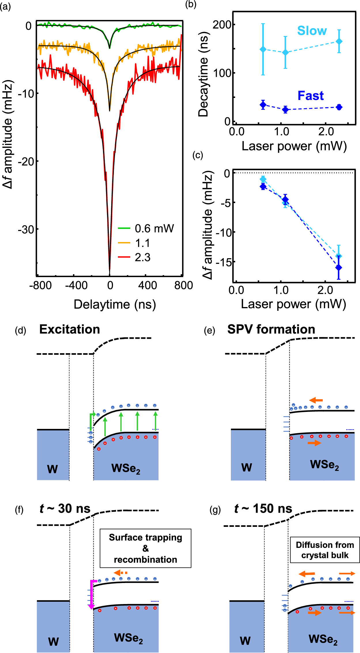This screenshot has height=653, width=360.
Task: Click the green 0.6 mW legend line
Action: (x=124, y=228)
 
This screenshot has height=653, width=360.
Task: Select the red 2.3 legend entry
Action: (x=134, y=257)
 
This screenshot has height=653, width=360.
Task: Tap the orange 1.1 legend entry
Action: (x=134, y=243)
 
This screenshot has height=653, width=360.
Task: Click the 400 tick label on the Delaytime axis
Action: (x=148, y=285)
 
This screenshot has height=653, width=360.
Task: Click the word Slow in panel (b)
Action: (x=312, y=31)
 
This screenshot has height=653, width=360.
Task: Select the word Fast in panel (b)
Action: (x=310, y=96)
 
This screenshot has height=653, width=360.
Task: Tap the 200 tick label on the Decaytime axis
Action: (x=222, y=24)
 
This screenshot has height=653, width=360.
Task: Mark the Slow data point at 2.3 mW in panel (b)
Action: (x=339, y=41)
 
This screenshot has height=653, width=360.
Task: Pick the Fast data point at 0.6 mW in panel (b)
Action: (x=263, y=105)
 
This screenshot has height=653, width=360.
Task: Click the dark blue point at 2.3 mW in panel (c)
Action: (x=339, y=268)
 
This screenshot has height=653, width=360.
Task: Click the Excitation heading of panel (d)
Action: (x=69, y=329)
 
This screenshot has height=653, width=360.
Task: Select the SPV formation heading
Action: (x=271, y=329)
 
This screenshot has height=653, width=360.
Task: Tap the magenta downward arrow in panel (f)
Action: (x=92, y=594)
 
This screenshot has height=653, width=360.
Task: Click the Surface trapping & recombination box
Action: (x=146, y=548)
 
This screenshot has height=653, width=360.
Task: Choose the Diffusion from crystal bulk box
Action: (x=325, y=550)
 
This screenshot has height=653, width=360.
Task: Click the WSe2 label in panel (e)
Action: (x=324, y=465)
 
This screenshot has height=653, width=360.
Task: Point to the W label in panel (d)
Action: (x=52, y=469)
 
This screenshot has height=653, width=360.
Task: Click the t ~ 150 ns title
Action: (x=263, y=509)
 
